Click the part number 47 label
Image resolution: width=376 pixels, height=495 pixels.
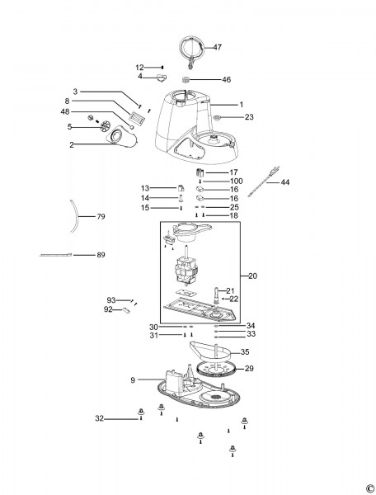[x=218, y=47]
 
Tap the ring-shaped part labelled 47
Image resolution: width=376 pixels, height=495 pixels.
[x=181, y=47]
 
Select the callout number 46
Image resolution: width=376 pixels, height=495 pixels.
[x=227, y=79]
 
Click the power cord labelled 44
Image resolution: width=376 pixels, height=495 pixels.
[x=264, y=182]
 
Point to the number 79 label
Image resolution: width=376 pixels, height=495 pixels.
[x=101, y=216]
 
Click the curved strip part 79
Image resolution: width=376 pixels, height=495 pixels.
[x=76, y=216]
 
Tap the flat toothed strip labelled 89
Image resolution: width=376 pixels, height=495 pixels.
[x=56, y=255]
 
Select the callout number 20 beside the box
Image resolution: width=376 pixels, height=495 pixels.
[x=252, y=276]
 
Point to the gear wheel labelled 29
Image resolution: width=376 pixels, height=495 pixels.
[x=216, y=370]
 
